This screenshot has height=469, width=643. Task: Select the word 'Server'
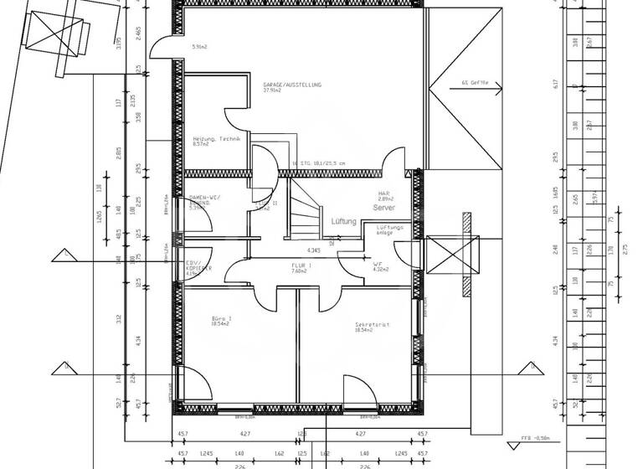384,207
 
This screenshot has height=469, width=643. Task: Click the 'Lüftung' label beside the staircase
343,222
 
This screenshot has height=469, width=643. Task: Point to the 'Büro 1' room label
221,318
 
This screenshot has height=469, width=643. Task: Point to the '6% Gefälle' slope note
480,84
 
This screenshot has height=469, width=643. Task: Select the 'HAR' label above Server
385,192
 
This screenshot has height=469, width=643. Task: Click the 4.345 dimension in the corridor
314,250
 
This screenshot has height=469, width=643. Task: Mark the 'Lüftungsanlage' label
390,229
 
